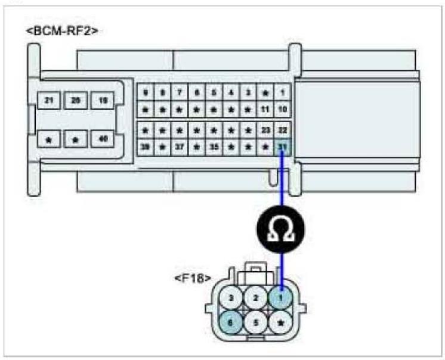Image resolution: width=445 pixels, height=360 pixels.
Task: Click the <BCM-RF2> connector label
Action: pos(62,30)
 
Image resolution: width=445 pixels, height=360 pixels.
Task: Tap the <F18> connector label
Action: pos(190,278)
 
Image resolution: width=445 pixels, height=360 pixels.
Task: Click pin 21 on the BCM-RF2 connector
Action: pos(48,100)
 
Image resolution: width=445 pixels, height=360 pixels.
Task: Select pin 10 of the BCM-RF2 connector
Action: pos(283,110)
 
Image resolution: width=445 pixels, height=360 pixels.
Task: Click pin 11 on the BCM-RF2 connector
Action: pos(266,110)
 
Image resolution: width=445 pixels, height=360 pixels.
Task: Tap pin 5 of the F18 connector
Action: pos(256,322)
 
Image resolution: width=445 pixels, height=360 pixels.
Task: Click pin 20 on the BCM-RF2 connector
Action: pos(76,100)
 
